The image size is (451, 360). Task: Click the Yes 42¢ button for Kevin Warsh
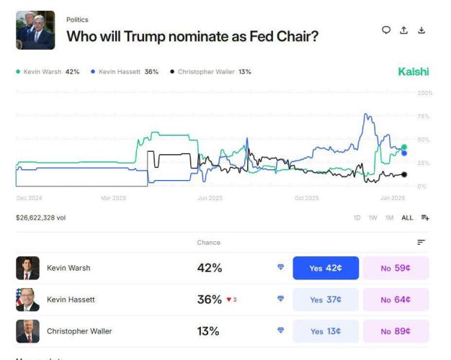point(325,268)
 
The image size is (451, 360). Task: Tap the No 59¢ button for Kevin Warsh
point(396,268)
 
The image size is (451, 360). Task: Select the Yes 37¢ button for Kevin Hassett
point(325,300)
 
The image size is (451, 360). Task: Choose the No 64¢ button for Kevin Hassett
point(396,300)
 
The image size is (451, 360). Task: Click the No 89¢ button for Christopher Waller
point(396,331)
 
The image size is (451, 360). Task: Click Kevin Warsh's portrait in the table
point(27,268)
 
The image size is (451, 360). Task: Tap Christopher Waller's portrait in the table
point(27,331)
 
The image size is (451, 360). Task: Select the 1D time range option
point(357,217)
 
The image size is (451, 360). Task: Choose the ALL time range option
point(407,217)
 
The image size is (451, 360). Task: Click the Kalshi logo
point(413,71)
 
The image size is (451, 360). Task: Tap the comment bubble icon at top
point(386,30)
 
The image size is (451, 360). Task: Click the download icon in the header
point(422,30)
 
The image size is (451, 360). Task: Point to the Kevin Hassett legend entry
point(125,72)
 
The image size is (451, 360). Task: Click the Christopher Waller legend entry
point(210,72)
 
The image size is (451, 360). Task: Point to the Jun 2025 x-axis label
point(210,198)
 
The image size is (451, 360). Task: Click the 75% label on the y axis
point(424,117)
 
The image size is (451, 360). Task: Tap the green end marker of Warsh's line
point(404,147)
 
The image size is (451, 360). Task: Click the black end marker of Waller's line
point(404,174)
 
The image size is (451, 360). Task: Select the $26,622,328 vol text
point(41,217)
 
